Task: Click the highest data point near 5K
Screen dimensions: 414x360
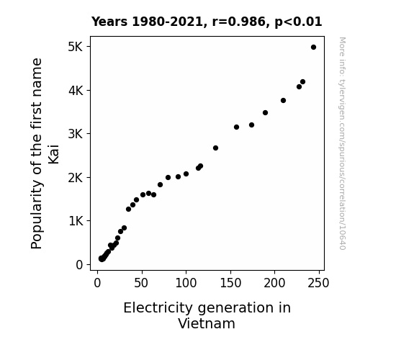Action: pyautogui.click(x=313, y=48)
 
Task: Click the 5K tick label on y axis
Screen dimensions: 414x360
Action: pyautogui.click(x=76, y=47)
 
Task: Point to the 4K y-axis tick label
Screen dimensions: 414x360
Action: pyautogui.click(x=76, y=91)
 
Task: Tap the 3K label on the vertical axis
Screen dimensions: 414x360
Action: pyautogui.click(x=76, y=134)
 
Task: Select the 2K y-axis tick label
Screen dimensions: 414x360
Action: pyautogui.click(x=76, y=178)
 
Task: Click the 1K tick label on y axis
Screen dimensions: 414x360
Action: pyautogui.click(x=76, y=221)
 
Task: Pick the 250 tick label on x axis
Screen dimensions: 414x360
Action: pyautogui.click(x=318, y=283)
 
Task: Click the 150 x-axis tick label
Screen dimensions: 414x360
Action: pyautogui.click(x=230, y=283)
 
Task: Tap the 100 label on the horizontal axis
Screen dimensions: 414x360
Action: pyautogui.click(x=186, y=283)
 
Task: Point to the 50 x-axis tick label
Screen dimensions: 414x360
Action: pyautogui.click(x=141, y=283)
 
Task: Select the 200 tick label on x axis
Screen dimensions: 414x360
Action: pyautogui.click(x=274, y=283)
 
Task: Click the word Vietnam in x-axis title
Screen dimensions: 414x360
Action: pyautogui.click(x=207, y=323)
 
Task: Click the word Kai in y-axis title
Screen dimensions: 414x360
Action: pyautogui.click(x=53, y=154)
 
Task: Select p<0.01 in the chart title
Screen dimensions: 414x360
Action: pyautogui.click(x=298, y=22)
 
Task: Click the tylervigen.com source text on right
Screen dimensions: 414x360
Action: pyautogui.click(x=342, y=143)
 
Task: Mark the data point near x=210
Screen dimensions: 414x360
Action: pyautogui.click(x=283, y=100)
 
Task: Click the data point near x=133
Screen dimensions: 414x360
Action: pyautogui.click(x=216, y=148)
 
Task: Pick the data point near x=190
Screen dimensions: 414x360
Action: pyautogui.click(x=266, y=113)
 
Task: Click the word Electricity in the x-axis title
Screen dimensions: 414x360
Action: pyautogui.click(x=158, y=308)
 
